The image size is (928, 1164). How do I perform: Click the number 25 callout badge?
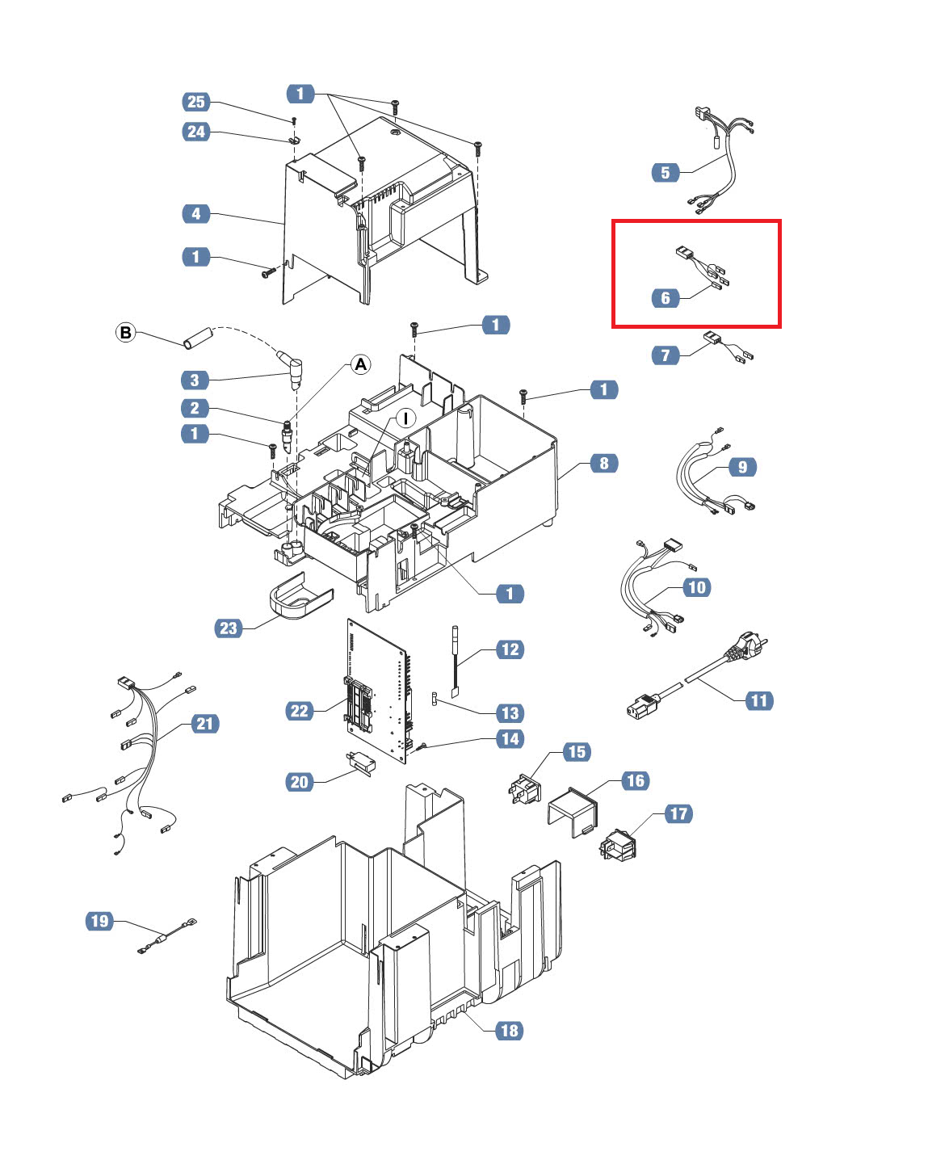(x=195, y=102)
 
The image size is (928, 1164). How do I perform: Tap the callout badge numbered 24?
(x=195, y=132)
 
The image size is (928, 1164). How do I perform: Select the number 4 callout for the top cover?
(x=195, y=213)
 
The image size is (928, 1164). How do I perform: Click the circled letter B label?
(x=125, y=332)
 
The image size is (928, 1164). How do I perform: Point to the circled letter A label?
(x=361, y=364)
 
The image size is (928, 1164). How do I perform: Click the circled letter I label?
(x=405, y=418)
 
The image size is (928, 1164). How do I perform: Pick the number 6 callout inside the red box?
(x=666, y=298)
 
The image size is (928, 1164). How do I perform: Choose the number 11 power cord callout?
(x=758, y=701)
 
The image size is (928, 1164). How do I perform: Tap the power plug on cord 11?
(x=745, y=648)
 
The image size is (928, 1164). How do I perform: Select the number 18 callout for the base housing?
(x=510, y=1031)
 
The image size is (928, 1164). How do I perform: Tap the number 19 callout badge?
(x=99, y=921)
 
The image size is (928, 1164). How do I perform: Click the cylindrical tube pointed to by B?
(x=198, y=338)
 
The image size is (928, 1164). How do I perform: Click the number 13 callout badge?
(x=510, y=713)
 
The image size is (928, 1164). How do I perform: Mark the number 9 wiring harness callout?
(x=742, y=467)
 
